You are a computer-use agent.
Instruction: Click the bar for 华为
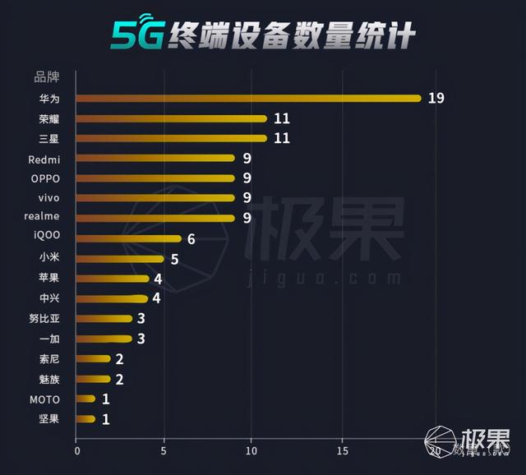pos(247,99)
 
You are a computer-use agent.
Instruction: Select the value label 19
pos(436,99)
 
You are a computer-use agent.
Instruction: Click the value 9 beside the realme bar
pos(247,218)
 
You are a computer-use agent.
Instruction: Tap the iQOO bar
pos(128,238)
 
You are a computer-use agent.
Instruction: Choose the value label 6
pos(191,238)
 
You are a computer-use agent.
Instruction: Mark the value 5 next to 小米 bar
pos(174,259)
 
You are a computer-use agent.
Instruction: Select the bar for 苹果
pos(112,279)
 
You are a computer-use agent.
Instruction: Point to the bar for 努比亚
pos(104,318)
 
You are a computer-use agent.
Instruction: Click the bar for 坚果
pos(85,419)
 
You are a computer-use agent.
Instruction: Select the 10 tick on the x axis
pos(252,450)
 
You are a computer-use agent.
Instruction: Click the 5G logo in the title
pos(136,35)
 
